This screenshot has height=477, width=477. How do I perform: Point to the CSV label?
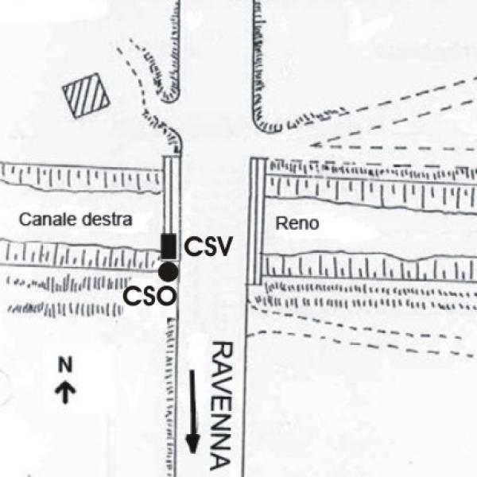[x=208, y=247]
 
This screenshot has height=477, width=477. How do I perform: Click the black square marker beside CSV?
[x=169, y=246]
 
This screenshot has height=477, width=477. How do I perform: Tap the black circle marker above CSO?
[x=168, y=272]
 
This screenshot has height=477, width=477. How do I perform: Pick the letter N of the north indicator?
[x=67, y=366]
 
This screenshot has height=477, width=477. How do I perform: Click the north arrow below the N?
[x=67, y=390]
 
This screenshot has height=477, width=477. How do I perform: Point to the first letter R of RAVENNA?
[x=222, y=351]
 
